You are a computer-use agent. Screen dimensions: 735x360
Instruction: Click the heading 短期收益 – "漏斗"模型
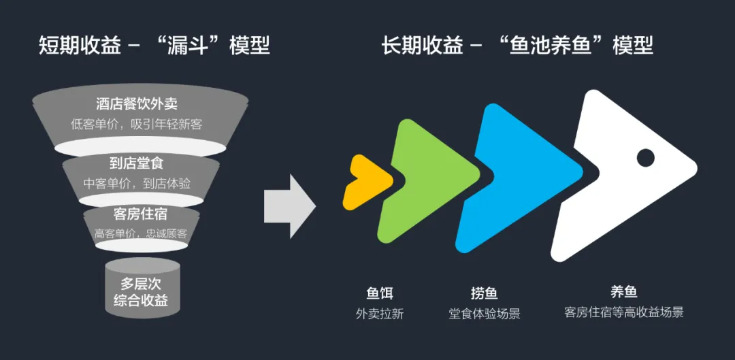click(x=154, y=46)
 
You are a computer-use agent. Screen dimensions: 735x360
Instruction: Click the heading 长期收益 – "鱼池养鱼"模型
click(x=517, y=46)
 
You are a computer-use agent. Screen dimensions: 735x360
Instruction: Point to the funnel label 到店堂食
click(x=136, y=163)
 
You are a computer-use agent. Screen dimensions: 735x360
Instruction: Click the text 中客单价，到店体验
click(x=137, y=183)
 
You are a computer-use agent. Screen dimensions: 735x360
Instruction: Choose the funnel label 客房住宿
click(x=140, y=214)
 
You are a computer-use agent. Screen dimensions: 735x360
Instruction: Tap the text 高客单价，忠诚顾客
click(x=141, y=233)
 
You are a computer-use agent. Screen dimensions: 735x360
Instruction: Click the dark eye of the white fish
click(x=645, y=158)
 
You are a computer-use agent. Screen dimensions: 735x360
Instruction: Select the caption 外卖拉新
click(x=380, y=314)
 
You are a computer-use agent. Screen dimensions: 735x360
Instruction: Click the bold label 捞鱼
click(x=484, y=293)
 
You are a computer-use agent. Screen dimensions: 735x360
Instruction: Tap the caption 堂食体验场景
click(x=484, y=314)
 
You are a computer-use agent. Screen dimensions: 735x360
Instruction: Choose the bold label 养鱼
click(x=623, y=292)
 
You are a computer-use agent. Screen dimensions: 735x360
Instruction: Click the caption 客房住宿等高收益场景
click(x=623, y=312)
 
